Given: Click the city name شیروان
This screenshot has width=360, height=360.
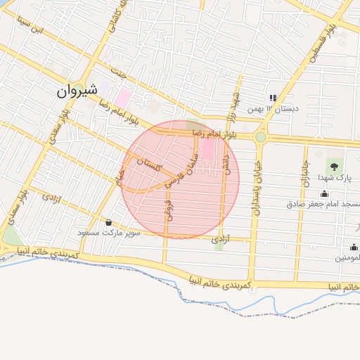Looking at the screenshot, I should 75,91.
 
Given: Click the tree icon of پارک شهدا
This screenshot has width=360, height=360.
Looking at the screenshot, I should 333,166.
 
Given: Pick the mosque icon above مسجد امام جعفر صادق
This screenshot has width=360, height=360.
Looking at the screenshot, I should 324,194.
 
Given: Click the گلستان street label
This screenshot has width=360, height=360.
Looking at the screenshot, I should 150,165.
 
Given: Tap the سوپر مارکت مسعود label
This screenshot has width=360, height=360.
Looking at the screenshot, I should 110,233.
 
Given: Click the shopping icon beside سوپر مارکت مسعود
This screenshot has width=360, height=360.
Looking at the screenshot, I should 108,222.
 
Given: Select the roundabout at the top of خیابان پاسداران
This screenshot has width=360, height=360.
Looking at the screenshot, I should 260,137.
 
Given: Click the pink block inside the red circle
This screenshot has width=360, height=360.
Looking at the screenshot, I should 209,149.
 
